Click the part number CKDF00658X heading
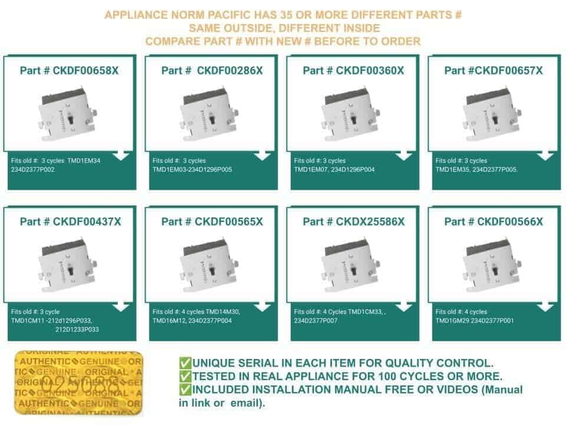pyautogui.click(x=69, y=70)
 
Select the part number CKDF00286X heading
pyautogui.click(x=212, y=70)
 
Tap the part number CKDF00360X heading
pyautogui.click(x=353, y=70)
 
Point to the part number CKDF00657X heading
pyautogui.click(x=493, y=70)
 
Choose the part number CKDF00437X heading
pyautogui.click(x=70, y=221)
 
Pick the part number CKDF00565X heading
pyautogui.click(x=212, y=221)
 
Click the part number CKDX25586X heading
pyautogui.click(x=354, y=221)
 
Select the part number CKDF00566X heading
pyautogui.click(x=493, y=221)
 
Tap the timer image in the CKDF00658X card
pyautogui.click(x=68, y=113)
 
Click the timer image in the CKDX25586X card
pyautogui.click(x=351, y=264)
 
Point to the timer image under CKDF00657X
pyautogui.click(x=492, y=113)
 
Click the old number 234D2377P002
pyautogui.click(x=33, y=169)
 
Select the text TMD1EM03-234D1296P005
pyautogui.click(x=192, y=169)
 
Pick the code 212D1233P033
pyautogui.click(x=77, y=329)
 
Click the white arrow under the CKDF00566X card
pyautogui.click(x=545, y=307)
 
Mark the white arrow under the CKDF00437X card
pyautogui.click(x=120, y=307)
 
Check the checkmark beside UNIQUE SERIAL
pyautogui.click(x=185, y=363)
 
